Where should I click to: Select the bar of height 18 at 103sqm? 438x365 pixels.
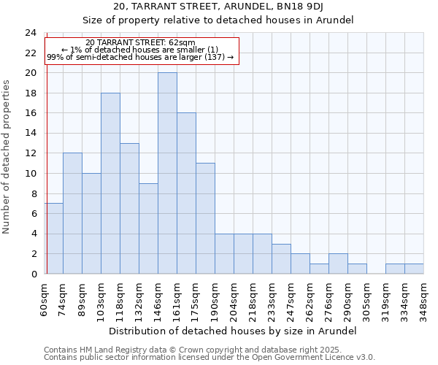[110, 183]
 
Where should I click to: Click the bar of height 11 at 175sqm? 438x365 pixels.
[205, 218]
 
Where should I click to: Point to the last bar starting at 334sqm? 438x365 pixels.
[414, 269]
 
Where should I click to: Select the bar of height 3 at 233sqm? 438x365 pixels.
[281, 258]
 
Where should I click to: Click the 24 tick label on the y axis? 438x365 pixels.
[30, 33]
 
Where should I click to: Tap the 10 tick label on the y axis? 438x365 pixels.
[30, 174]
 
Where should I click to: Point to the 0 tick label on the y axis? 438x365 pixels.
[33, 274]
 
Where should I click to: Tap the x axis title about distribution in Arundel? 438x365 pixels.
[234, 331]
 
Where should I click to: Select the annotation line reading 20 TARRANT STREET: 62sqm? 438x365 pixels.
[140, 43]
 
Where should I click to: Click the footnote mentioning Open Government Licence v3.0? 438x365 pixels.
[210, 358]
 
